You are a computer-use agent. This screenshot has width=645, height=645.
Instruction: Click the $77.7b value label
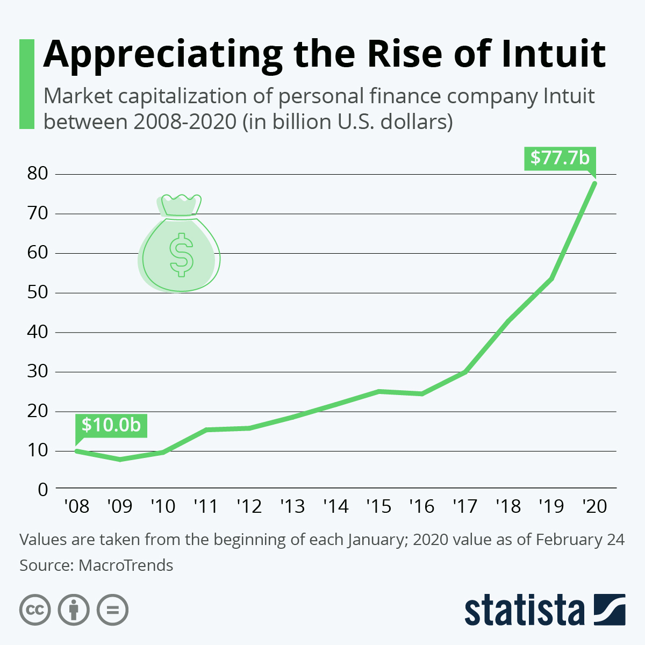click(x=560, y=158)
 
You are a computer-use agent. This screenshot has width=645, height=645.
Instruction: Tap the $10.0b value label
click(x=111, y=425)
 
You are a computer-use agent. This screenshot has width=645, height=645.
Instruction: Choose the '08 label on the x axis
click(x=76, y=506)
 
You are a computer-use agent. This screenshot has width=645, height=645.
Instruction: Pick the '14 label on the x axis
click(x=335, y=506)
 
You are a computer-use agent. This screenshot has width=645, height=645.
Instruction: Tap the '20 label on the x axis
click(x=594, y=506)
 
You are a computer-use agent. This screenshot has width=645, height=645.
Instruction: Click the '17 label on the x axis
click(x=465, y=506)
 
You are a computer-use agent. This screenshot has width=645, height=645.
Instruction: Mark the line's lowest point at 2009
click(x=120, y=459)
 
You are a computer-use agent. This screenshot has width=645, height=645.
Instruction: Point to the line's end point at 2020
click(x=594, y=183)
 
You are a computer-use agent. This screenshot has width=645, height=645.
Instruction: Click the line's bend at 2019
click(x=551, y=278)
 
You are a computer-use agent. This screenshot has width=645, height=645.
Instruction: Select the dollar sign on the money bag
click(x=181, y=255)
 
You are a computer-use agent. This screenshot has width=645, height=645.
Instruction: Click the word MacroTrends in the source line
click(x=126, y=565)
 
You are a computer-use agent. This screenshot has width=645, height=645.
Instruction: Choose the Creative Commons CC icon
click(x=35, y=610)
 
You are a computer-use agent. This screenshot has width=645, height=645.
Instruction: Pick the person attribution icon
click(x=74, y=610)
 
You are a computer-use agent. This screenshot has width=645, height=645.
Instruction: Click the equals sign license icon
click(x=112, y=610)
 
